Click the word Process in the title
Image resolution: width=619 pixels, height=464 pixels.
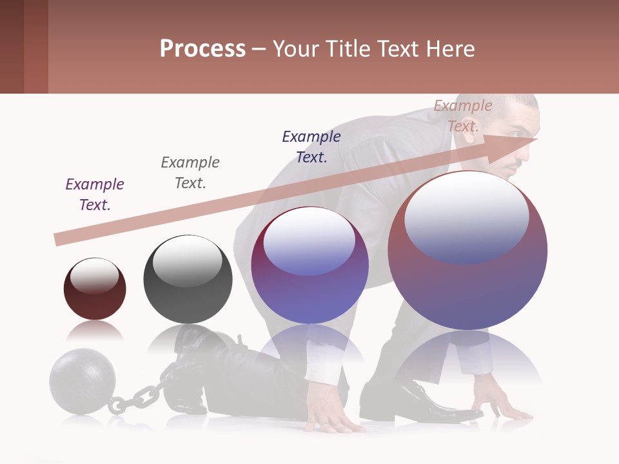pos(202,48)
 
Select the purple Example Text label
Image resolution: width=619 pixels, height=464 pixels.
pos(95,194)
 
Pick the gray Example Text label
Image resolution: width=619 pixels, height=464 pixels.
pos(190,172)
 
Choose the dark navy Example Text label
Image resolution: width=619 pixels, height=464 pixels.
pos(311,146)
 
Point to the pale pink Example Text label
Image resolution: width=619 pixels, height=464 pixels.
pos(462,115)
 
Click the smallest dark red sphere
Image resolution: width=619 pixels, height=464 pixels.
pos(95,289)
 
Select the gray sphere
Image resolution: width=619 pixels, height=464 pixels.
pos(188,279)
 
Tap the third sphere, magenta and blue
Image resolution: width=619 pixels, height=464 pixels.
pos(309,265)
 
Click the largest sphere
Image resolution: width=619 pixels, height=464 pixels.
pos(467,251)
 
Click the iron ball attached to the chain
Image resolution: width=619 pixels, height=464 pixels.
pos(82,382)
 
